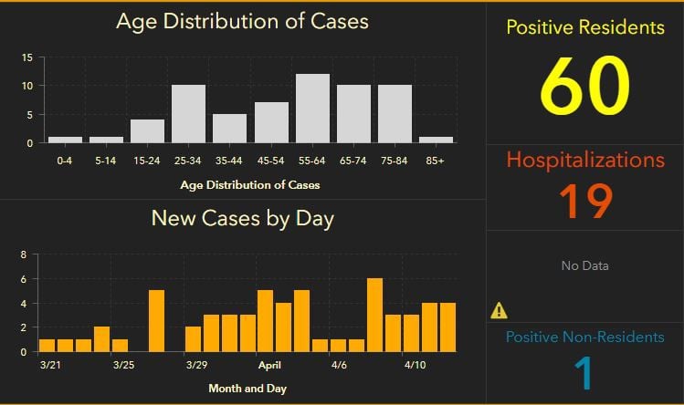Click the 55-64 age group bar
311,109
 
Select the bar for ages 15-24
147,131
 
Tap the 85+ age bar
435,140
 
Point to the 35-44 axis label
229,161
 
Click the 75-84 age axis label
394,161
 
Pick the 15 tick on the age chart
27,57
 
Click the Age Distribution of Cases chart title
242,20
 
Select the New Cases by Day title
242,218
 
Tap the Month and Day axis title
247,389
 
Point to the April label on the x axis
269,365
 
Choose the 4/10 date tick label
415,365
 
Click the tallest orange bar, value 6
374,315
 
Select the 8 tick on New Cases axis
23,254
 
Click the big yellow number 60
584,87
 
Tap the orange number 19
584,201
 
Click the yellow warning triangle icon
499,310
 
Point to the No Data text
584,265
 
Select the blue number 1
584,372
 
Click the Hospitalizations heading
584,160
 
